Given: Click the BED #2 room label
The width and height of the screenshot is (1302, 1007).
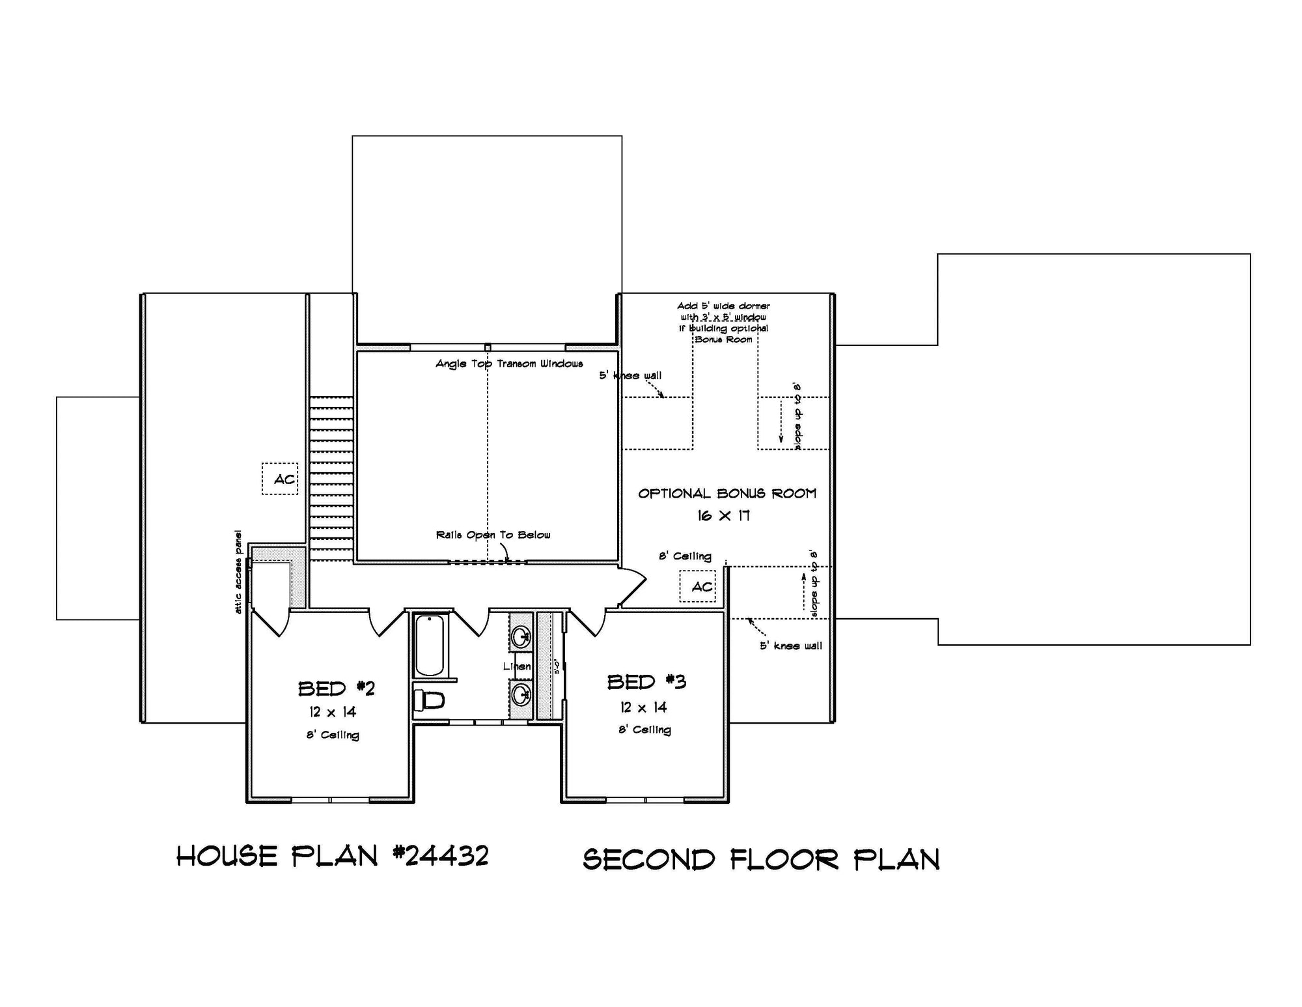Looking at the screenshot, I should (x=336, y=688).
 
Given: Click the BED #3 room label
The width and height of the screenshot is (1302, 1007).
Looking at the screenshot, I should (x=646, y=682).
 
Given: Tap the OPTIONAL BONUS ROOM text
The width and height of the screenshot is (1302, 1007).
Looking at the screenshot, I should (x=727, y=494).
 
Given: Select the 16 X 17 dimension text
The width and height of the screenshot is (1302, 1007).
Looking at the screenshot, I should (x=723, y=516).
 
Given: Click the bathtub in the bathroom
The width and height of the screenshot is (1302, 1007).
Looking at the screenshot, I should (x=430, y=645).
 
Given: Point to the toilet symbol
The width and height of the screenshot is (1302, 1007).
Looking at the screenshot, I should (x=429, y=701).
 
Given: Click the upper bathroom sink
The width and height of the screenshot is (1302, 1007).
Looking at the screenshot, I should (x=521, y=636).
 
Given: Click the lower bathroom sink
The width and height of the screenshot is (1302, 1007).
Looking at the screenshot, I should (x=521, y=694).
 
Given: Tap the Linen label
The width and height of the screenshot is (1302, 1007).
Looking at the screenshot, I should (x=517, y=666).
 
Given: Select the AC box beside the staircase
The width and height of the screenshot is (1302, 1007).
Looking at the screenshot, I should (x=281, y=479).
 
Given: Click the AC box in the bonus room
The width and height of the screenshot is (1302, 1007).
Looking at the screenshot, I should (x=698, y=586).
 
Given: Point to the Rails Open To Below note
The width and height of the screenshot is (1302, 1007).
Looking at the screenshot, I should (x=493, y=535).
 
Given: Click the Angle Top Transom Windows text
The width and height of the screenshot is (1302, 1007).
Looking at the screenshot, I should (x=509, y=363).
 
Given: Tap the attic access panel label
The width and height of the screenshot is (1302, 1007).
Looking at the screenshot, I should (x=238, y=571).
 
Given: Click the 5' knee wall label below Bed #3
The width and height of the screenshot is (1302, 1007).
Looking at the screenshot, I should (x=790, y=645).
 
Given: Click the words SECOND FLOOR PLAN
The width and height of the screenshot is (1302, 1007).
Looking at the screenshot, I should (x=761, y=860).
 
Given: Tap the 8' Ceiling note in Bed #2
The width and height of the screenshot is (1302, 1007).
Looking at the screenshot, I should (x=333, y=735).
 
